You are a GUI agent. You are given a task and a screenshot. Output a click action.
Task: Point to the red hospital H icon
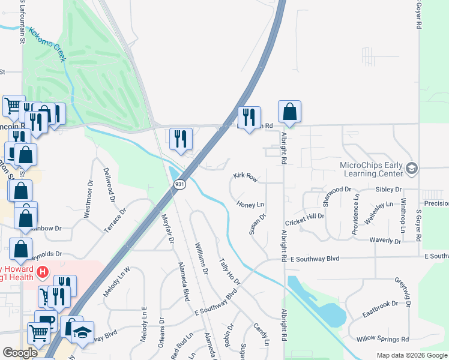coord(42,272)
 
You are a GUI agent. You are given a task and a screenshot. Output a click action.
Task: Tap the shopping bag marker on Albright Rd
coord(289,112)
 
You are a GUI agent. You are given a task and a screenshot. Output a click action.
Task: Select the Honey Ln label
coord(250,205)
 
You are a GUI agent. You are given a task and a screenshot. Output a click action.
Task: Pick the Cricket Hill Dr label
coord(304,219)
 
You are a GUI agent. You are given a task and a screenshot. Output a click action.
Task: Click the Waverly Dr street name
coord(385,241)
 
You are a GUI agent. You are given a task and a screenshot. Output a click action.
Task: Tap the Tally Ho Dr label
coord(229,272)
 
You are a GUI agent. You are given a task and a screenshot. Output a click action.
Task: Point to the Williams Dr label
coord(201,258)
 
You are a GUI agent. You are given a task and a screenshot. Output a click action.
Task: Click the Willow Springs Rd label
coord(382,340)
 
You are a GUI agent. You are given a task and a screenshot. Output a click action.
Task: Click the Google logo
coord(20,353)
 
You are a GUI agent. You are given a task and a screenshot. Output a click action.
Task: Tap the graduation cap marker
coord(83,332)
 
